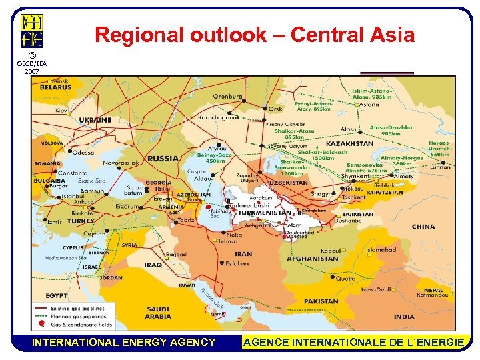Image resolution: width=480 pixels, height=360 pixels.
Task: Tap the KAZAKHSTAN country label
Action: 349,143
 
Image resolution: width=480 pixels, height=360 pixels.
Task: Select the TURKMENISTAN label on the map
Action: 265,213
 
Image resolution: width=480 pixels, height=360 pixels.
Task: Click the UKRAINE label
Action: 95,120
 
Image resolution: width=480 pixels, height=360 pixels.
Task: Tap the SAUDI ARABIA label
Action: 158,313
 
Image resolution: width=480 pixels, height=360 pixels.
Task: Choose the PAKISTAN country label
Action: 321,301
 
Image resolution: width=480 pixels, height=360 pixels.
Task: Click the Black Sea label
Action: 92,181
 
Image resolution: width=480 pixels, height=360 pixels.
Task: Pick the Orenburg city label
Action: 228,96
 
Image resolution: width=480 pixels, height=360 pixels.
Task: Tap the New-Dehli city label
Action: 377,290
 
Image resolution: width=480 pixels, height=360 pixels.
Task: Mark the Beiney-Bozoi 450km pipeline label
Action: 215,157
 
